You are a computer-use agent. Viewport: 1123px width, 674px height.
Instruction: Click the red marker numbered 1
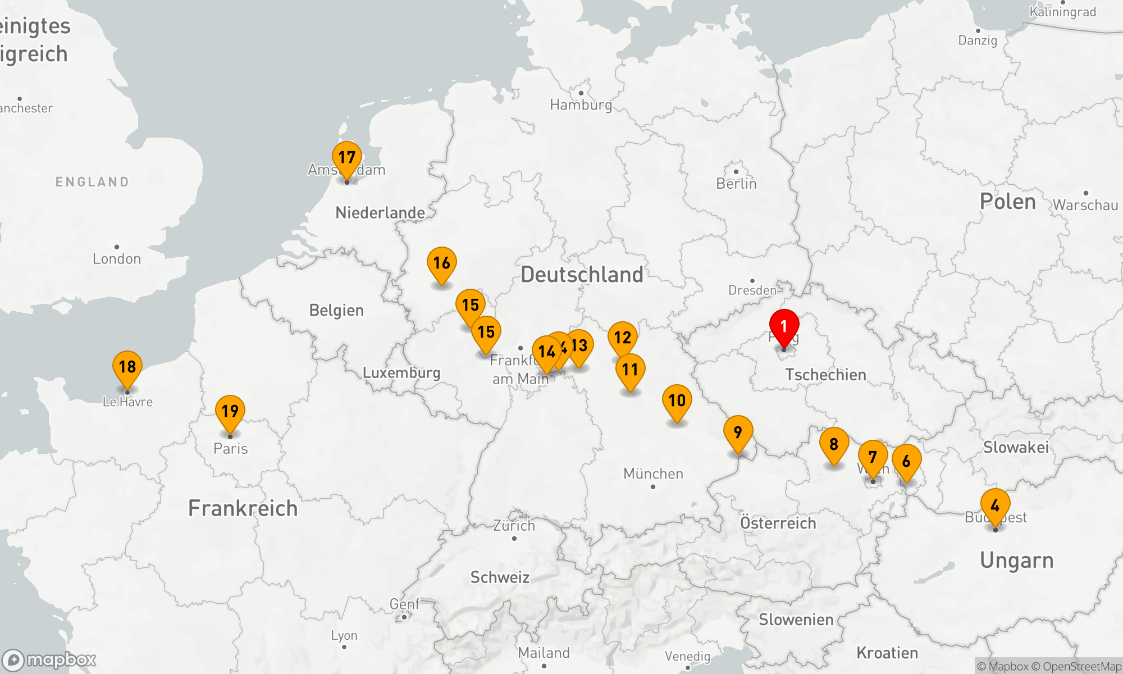[x=784, y=327]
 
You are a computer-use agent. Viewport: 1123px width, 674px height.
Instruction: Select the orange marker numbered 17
[x=347, y=158]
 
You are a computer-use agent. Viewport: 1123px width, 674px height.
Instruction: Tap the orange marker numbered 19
[x=230, y=412]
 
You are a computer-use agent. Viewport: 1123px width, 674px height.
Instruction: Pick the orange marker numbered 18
[x=127, y=367]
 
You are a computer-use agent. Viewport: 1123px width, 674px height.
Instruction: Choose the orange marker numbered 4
[x=995, y=505]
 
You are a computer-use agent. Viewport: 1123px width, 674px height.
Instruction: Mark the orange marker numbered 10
[x=677, y=401]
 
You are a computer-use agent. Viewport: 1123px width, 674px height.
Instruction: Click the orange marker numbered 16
[x=442, y=263]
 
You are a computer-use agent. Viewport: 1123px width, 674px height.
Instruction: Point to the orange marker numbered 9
[x=738, y=432]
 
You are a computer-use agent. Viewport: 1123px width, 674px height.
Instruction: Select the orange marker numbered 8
[x=834, y=444]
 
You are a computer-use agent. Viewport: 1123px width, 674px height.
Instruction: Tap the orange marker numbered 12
[x=622, y=338]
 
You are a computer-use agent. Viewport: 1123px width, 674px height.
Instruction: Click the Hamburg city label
[x=581, y=105]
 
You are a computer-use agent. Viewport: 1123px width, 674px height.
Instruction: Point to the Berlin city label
[x=736, y=184]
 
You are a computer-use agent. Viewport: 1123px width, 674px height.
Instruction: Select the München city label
[x=653, y=474]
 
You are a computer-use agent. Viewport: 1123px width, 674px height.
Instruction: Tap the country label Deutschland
[x=582, y=275]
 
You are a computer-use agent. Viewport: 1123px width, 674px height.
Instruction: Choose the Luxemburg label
[x=401, y=373]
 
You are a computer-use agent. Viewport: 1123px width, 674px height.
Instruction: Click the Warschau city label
[x=1085, y=205]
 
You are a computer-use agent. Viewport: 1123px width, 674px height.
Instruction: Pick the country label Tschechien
[x=825, y=375]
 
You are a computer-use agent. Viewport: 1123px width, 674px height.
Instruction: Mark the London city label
[x=117, y=259]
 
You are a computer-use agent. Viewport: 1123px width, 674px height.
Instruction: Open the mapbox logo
[x=49, y=660]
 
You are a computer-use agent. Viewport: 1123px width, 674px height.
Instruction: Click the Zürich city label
[x=514, y=526]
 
